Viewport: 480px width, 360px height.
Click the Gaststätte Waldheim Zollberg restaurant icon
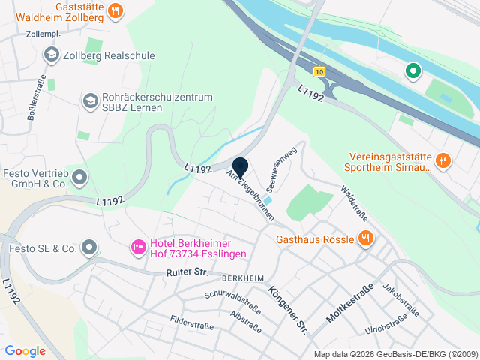pos(115,10)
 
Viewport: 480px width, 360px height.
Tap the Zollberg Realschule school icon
pos(51,54)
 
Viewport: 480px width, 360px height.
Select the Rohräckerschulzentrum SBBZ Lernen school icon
pos(90,100)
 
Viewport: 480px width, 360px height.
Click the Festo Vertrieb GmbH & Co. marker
pos(79,178)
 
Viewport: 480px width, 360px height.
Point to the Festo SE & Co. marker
pos(90,247)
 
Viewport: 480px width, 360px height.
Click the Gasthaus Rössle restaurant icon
pos(365,238)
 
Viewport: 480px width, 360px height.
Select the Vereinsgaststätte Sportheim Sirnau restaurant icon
pos(443,160)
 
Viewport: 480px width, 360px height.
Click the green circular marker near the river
pos(412,71)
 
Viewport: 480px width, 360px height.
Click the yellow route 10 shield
pos(320,72)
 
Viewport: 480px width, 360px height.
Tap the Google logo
pos(25,350)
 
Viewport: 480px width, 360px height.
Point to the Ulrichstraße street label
pos(386,323)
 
